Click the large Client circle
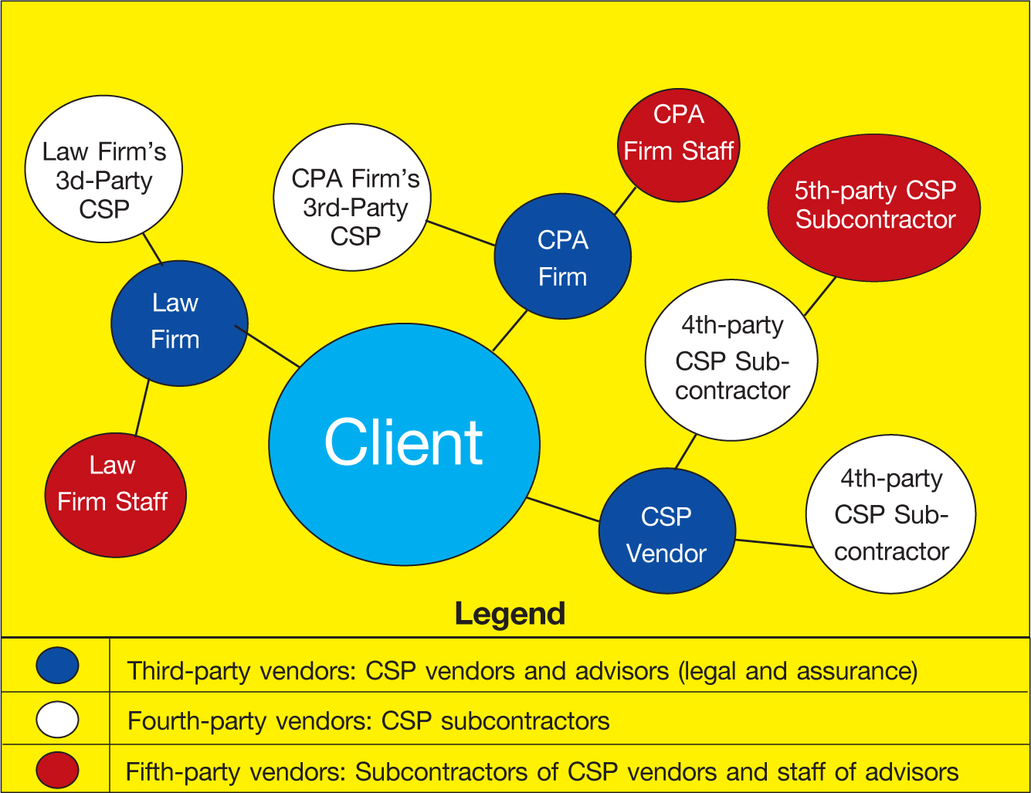point(404,444)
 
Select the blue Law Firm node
point(179,323)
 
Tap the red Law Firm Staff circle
point(115,495)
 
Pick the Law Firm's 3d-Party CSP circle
point(103,169)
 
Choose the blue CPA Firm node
point(562,256)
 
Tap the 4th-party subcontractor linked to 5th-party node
point(731,360)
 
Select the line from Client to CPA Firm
point(510,330)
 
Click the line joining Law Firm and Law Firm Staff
point(142,408)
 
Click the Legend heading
point(510,614)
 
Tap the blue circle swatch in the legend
point(57,666)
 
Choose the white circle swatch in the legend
point(57,720)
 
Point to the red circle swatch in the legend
point(57,770)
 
